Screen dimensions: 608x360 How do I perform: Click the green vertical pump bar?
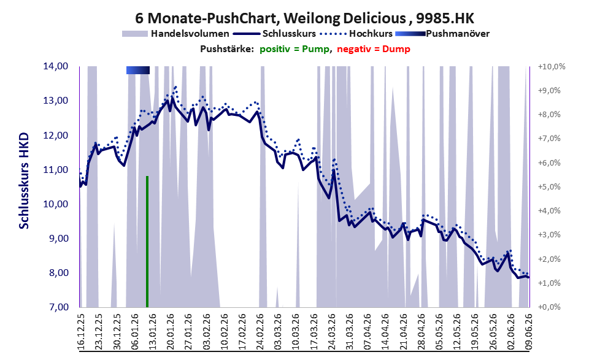click(x=147, y=242)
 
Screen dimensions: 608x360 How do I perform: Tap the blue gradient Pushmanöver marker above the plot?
click(x=138, y=70)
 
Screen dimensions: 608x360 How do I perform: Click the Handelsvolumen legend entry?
click(x=175, y=34)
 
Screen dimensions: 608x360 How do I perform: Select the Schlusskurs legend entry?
click(x=274, y=34)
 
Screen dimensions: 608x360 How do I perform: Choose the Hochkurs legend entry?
click(x=356, y=34)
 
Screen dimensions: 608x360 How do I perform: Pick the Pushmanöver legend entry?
click(x=442, y=34)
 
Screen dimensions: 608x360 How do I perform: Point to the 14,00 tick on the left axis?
click(x=56, y=66)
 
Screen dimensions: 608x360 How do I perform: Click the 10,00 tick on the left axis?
click(x=56, y=204)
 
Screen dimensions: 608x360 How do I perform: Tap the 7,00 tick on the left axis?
click(x=56, y=307)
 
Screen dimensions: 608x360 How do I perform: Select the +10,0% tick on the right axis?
click(x=552, y=67)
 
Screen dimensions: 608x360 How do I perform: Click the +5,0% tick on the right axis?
click(x=549, y=187)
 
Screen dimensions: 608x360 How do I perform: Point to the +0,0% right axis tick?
click(x=549, y=307)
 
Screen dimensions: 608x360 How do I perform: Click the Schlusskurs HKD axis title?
click(x=24, y=180)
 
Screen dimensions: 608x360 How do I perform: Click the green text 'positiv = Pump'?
click(x=294, y=49)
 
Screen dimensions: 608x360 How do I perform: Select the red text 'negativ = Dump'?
click(x=374, y=49)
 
